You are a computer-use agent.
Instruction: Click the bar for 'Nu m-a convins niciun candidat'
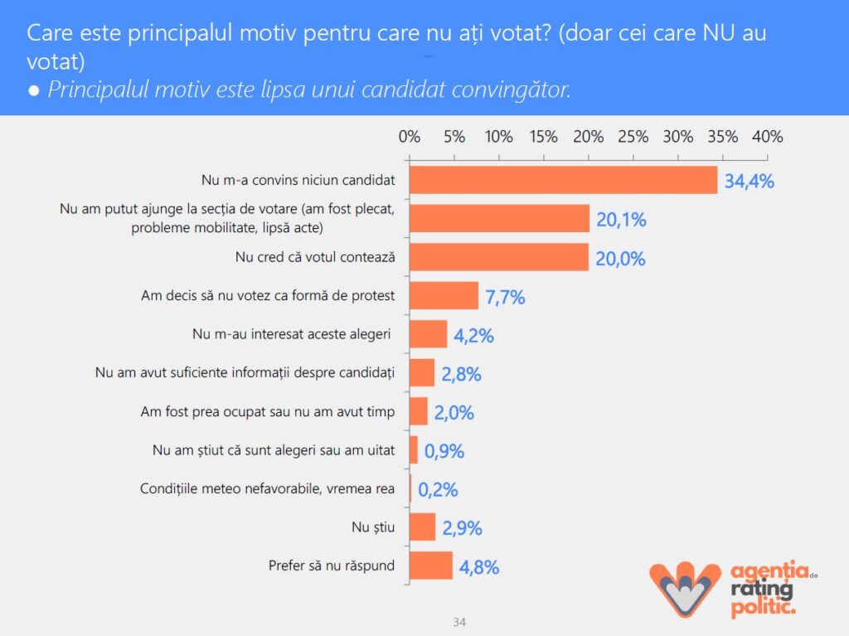[x=563, y=180]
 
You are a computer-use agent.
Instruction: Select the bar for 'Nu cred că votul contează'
[x=499, y=257]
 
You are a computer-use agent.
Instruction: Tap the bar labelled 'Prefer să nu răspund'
[x=431, y=566]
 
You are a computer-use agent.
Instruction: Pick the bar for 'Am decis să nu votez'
[x=444, y=295]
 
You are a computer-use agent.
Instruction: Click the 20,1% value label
[x=621, y=220]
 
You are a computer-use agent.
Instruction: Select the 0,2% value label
[x=438, y=490]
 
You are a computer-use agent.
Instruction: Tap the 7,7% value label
[x=505, y=297]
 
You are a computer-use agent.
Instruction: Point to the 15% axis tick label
[x=543, y=137]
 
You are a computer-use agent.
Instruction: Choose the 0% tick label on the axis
[x=410, y=137]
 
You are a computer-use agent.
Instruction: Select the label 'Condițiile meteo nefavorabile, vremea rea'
[x=268, y=488]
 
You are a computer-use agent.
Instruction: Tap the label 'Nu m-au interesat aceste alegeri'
[x=292, y=334]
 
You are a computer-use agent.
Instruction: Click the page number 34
[x=460, y=621]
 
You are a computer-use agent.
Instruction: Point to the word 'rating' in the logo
[x=761, y=590]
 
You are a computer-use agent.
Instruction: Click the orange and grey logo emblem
[x=685, y=587]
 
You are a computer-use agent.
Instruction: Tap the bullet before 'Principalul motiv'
[x=34, y=90]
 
